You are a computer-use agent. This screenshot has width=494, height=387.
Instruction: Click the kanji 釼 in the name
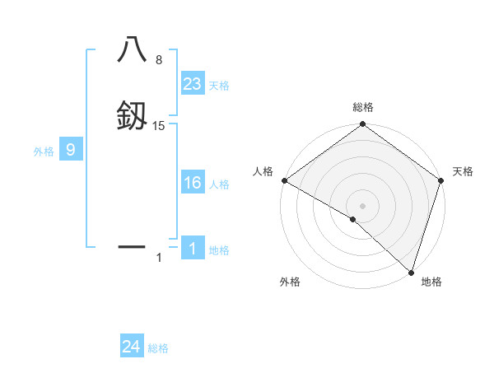pos(132,115)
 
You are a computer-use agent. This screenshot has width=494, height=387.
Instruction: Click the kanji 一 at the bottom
pos(132,245)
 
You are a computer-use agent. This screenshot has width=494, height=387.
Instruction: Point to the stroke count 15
pos(159,125)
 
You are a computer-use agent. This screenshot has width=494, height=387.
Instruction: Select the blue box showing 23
pos(193,84)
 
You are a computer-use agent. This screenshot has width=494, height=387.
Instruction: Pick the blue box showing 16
pos(193,184)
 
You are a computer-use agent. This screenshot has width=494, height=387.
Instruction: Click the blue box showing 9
pos(71,151)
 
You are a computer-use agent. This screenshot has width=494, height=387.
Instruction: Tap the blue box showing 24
pos(132,347)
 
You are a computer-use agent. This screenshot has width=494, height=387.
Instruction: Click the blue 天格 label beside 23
pos(219,86)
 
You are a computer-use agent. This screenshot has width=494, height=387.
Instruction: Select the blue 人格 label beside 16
pos(219,184)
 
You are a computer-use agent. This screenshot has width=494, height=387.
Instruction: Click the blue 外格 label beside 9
pos(43,152)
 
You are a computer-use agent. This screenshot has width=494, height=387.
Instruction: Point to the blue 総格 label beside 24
pos(158,348)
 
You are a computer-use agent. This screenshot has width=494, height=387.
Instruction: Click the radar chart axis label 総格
pos(362,107)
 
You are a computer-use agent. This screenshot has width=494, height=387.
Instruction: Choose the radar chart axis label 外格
pos(290,282)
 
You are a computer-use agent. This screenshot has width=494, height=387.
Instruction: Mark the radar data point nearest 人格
pos(284,180)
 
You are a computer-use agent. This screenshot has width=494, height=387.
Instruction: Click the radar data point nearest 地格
pos(411,272)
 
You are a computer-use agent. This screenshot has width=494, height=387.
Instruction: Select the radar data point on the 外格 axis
pos(353,219)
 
